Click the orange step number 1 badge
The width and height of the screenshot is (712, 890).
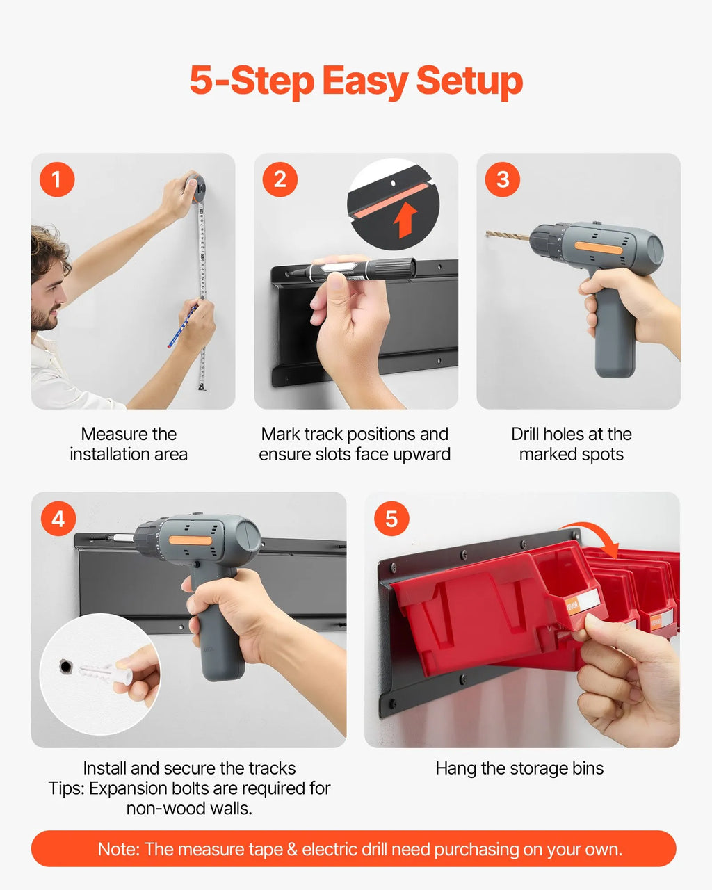57,179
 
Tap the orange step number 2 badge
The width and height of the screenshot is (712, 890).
280,179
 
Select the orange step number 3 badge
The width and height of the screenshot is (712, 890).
503,179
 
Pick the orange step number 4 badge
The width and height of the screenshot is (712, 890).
58,519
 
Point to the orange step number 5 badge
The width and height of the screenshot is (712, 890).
391,519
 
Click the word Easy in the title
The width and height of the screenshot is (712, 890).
365,81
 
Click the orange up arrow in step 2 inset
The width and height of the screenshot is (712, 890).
405,220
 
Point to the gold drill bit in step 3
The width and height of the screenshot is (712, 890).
508,236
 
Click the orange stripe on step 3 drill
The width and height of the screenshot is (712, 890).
598,249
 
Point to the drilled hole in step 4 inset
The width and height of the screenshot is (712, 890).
65,666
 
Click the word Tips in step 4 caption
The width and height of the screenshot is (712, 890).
66,788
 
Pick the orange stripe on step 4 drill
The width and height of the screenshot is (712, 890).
191,540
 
